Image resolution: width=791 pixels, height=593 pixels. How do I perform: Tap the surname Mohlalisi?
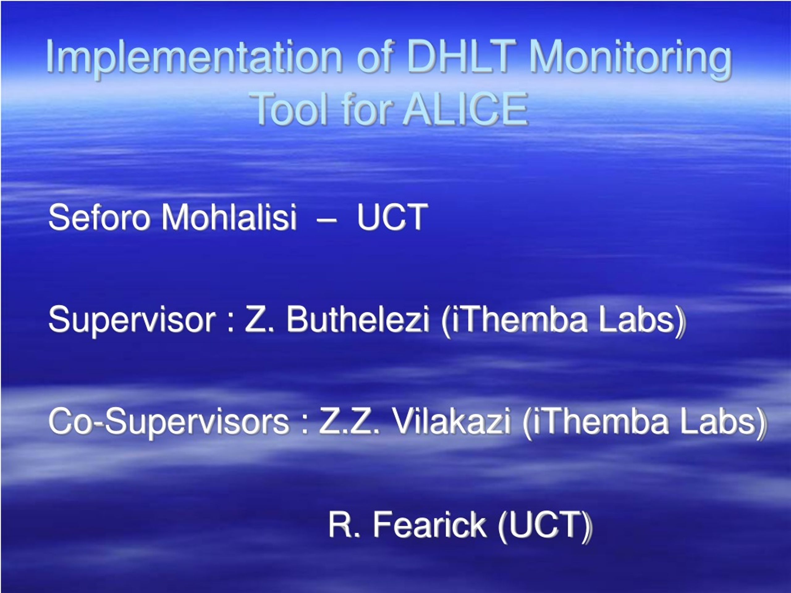pyautogui.click(x=229, y=217)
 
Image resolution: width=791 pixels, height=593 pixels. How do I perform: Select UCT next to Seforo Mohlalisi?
pyautogui.click(x=392, y=217)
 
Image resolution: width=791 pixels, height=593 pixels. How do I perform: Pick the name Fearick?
pyautogui.click(x=429, y=524)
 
